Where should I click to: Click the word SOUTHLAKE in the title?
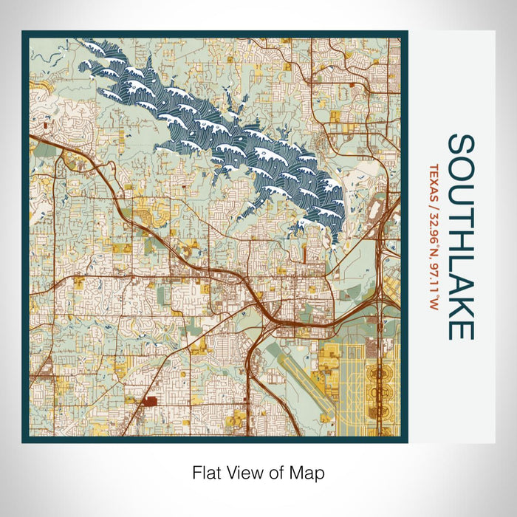click(461, 236)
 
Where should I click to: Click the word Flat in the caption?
click(206, 472)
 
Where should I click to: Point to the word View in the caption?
click(241, 472)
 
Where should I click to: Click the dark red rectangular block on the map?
click(150, 402)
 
